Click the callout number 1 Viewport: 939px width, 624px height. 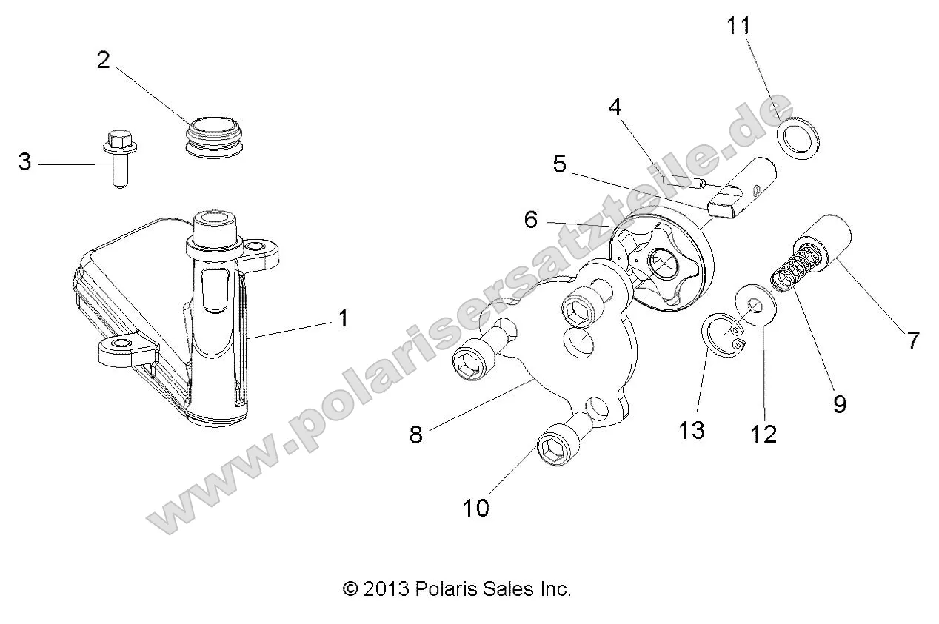pos(342,319)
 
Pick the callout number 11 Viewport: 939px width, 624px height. pos(738,27)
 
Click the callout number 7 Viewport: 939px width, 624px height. pos(913,341)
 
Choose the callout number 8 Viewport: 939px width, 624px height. pos(415,435)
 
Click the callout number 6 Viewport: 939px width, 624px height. pos(530,220)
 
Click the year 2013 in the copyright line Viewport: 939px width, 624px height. pos(384,589)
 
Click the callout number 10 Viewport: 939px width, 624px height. pos(477,509)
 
